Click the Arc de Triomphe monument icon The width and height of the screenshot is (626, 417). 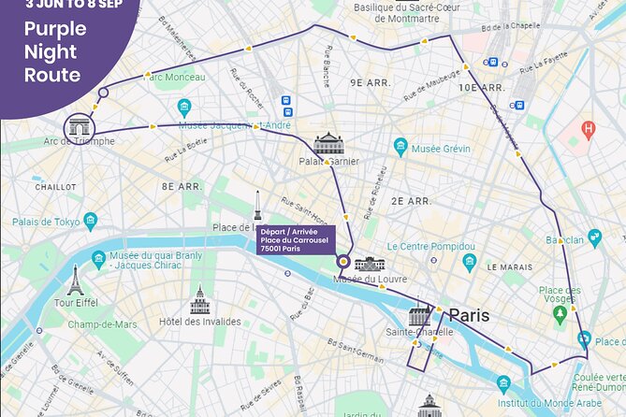coord(79,126)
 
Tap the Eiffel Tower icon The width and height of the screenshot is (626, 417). coord(75,280)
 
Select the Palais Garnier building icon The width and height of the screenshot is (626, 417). coord(328,143)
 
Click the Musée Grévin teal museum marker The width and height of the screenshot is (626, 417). coord(400,147)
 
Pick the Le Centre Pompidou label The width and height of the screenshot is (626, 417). coord(432,246)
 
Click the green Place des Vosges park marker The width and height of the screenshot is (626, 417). coord(560,312)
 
